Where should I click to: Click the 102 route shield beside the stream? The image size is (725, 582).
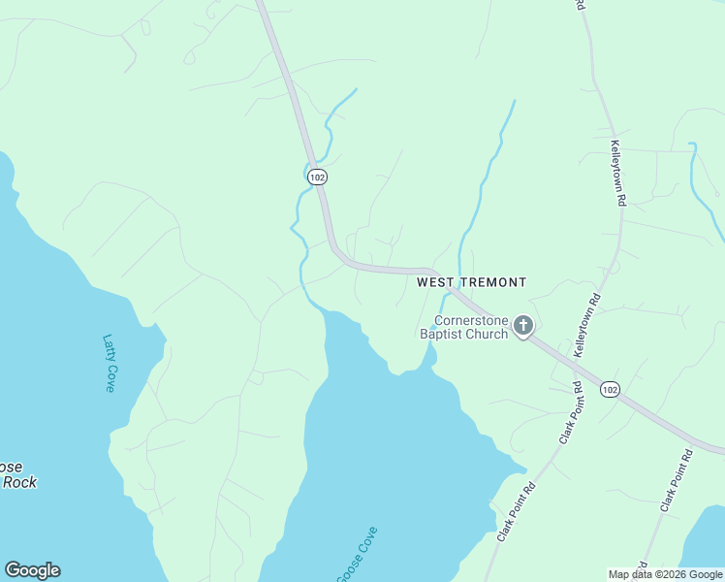point(318,177)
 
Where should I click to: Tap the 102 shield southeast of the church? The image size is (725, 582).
point(609,389)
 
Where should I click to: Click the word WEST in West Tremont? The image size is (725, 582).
point(435,282)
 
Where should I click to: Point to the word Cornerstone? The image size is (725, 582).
point(472,320)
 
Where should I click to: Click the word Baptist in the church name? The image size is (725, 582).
point(441,335)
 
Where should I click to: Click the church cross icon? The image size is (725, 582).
point(523,325)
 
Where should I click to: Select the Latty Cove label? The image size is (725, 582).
point(109,364)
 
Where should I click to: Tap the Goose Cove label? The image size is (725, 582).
point(356,555)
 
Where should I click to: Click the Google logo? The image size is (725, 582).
point(32,570)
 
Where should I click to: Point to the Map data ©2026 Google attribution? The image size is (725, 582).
point(666,574)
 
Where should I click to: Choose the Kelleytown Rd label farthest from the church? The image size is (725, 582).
point(617,172)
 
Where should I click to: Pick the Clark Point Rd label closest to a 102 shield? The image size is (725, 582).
point(570,412)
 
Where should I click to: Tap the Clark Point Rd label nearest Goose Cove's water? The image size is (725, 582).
point(517,513)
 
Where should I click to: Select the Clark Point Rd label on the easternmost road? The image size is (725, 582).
point(677,480)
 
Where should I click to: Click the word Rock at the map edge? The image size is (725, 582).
point(19,482)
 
